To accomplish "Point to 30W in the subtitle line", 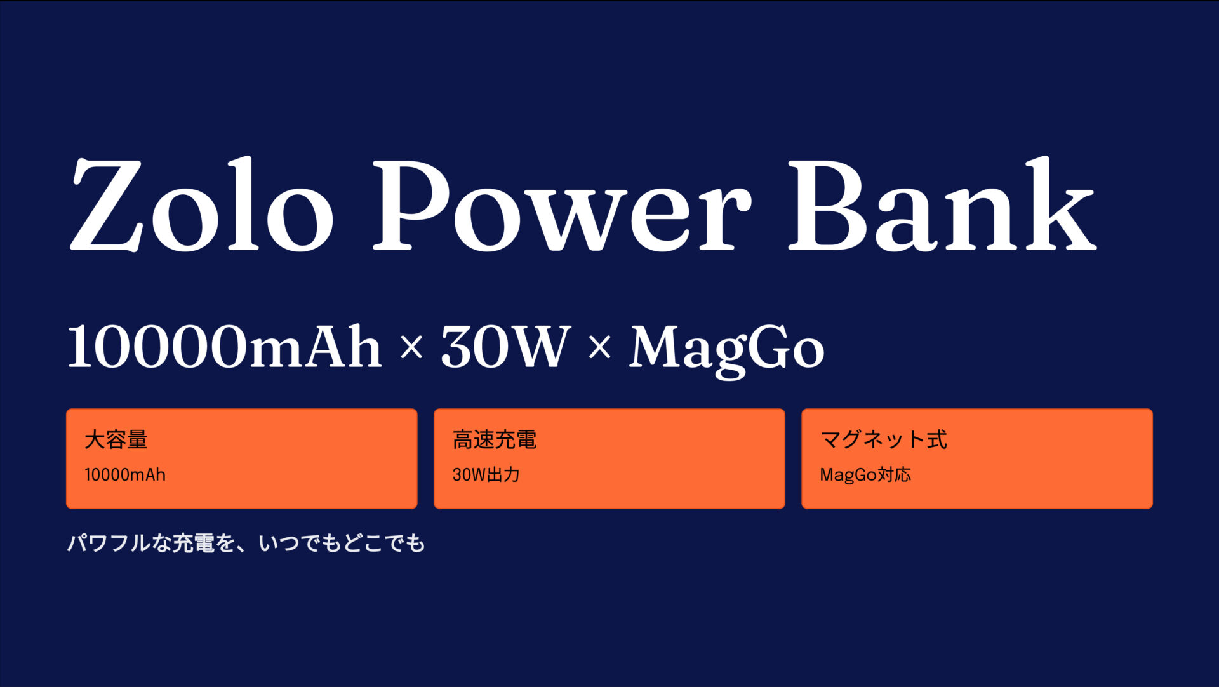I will [x=505, y=347].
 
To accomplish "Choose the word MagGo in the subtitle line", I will [x=726, y=349].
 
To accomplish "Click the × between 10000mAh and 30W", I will [x=411, y=348].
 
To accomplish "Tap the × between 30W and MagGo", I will [x=599, y=348].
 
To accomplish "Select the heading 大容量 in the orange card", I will [x=116, y=439].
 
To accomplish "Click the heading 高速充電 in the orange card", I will [x=495, y=439].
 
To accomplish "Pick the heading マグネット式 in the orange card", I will [x=884, y=439].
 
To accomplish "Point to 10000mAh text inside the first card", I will [x=125, y=475].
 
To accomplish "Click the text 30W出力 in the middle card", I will [x=486, y=475].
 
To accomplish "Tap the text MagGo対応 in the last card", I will [x=865, y=475].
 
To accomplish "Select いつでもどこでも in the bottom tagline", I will [x=342, y=544].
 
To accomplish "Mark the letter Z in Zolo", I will [x=106, y=204].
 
